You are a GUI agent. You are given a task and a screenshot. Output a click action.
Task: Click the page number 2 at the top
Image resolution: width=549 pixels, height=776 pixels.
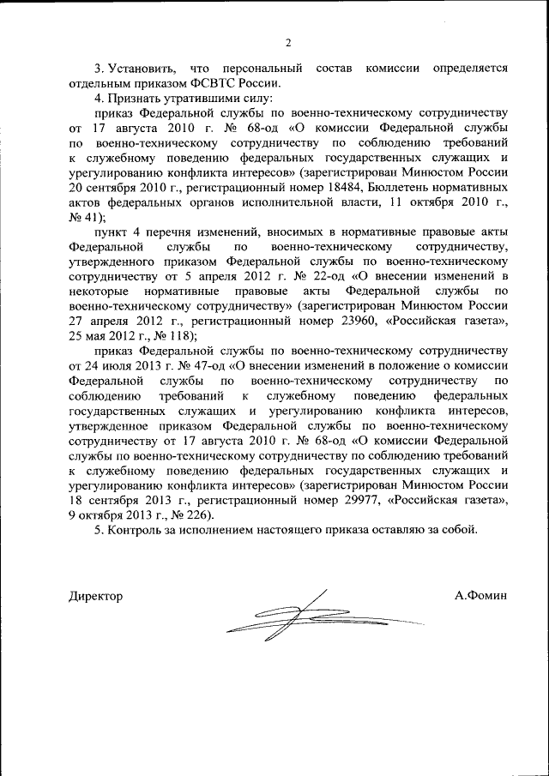pos(288,43)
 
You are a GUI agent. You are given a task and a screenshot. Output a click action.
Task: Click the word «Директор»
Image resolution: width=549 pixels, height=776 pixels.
pos(95,595)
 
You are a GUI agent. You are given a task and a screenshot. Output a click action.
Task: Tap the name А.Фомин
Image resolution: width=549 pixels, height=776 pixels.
pos(482,595)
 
